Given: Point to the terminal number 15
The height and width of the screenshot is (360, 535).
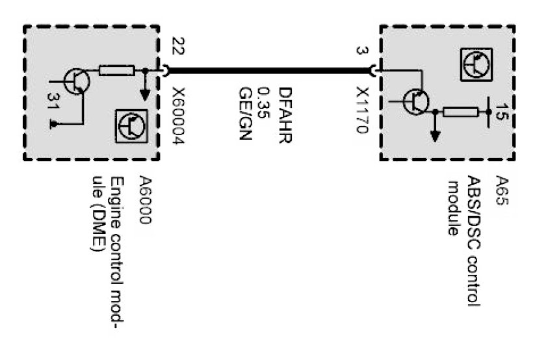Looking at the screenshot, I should point(500,112).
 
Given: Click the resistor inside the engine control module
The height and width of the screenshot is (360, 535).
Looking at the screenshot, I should point(117,70).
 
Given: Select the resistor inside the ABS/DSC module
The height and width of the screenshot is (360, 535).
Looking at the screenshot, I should point(460,112).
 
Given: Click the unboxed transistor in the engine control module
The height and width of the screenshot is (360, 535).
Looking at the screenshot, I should point(77,81).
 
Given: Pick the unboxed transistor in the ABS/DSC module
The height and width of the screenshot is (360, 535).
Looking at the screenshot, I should point(415,101).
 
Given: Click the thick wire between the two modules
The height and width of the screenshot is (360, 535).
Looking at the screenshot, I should point(270,70).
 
